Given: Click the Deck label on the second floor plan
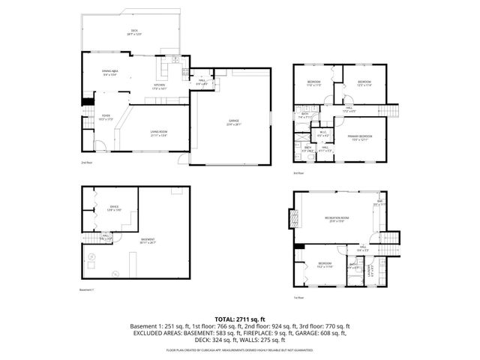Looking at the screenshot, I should pos(134,31).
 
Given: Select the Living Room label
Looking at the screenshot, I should pos(158,133).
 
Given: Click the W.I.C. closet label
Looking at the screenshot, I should pos(322,133).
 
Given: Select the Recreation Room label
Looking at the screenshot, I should pos(337,219).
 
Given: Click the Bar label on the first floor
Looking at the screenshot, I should pos(379,202).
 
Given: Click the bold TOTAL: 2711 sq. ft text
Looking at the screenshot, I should pos(239,319).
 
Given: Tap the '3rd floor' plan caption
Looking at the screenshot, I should pos(298,173).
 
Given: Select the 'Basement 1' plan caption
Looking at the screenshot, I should pos(88,289).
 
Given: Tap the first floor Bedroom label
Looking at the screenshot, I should pos(324,265).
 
